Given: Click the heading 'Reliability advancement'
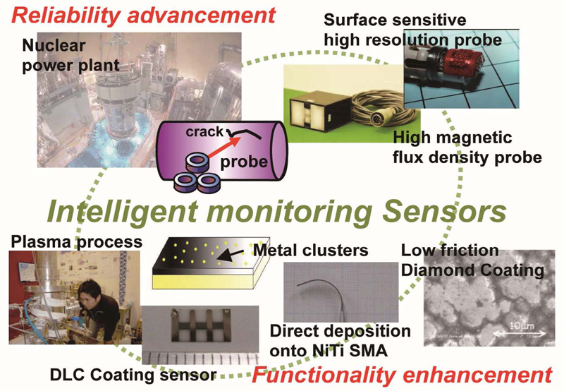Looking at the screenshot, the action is click(x=143, y=16).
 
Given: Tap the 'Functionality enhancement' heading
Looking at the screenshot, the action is click(x=402, y=375).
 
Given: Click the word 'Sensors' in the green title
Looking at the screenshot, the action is click(x=445, y=212).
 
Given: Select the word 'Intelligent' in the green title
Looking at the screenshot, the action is click(x=122, y=212).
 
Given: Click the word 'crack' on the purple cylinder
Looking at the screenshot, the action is click(x=204, y=132).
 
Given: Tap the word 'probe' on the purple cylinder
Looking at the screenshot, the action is click(x=244, y=163).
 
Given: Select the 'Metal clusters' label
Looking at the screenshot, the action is click(x=311, y=250).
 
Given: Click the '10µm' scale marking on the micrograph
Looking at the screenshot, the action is click(x=521, y=327).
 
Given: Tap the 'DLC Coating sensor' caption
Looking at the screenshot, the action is click(x=133, y=375).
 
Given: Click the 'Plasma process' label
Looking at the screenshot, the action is click(x=77, y=241).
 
